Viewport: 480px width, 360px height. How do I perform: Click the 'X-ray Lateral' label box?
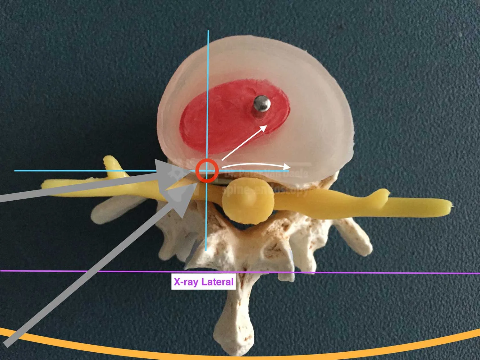point(204,282)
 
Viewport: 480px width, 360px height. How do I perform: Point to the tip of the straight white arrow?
point(267,126)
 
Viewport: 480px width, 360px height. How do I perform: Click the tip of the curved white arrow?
point(290,166)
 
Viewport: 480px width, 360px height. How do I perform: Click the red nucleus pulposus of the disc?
point(224,122)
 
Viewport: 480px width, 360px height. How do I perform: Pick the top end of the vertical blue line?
point(208,31)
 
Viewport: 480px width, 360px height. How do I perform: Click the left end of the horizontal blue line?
point(15,171)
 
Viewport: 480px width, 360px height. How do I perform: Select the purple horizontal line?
point(352,272)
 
